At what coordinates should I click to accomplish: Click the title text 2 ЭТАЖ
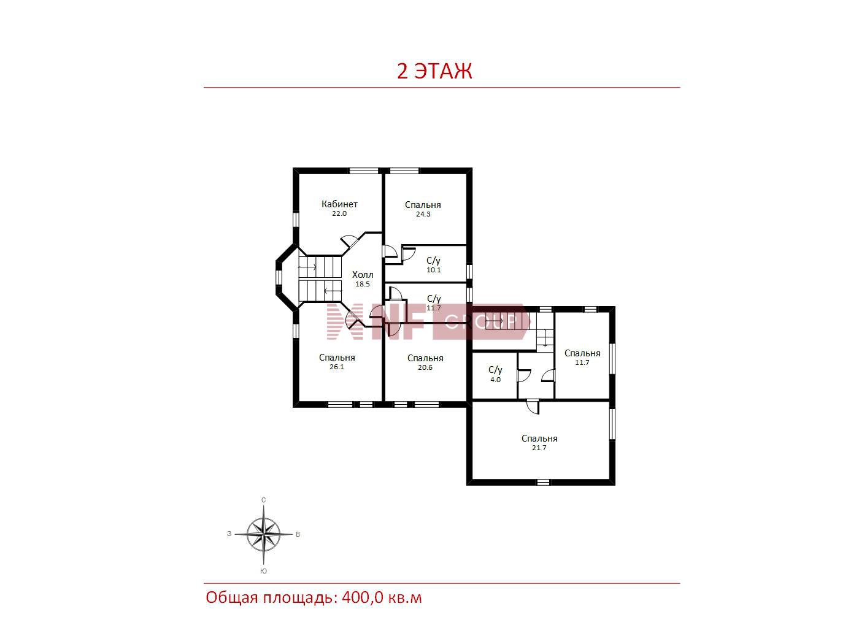tap(434, 71)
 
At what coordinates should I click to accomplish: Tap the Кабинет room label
tap(339, 204)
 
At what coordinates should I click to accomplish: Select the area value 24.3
tap(423, 214)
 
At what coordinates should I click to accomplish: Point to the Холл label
tap(363, 275)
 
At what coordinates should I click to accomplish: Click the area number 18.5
tap(363, 284)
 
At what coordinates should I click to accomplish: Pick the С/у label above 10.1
tap(434, 261)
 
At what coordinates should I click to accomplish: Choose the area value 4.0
tap(495, 380)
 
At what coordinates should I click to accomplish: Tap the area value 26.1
tap(337, 367)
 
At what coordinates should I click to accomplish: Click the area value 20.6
tap(425, 367)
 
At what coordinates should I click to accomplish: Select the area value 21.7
tap(539, 448)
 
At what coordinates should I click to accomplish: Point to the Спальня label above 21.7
tap(539, 439)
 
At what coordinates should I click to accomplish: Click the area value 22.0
tap(339, 213)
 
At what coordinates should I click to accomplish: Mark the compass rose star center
tap(263, 534)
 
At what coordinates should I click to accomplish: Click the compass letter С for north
tap(263, 500)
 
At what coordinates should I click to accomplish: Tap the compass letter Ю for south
tap(263, 571)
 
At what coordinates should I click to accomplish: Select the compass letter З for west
tap(229, 534)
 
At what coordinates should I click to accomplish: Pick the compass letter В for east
tap(298, 534)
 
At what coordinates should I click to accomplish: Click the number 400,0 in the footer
tap(363, 598)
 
